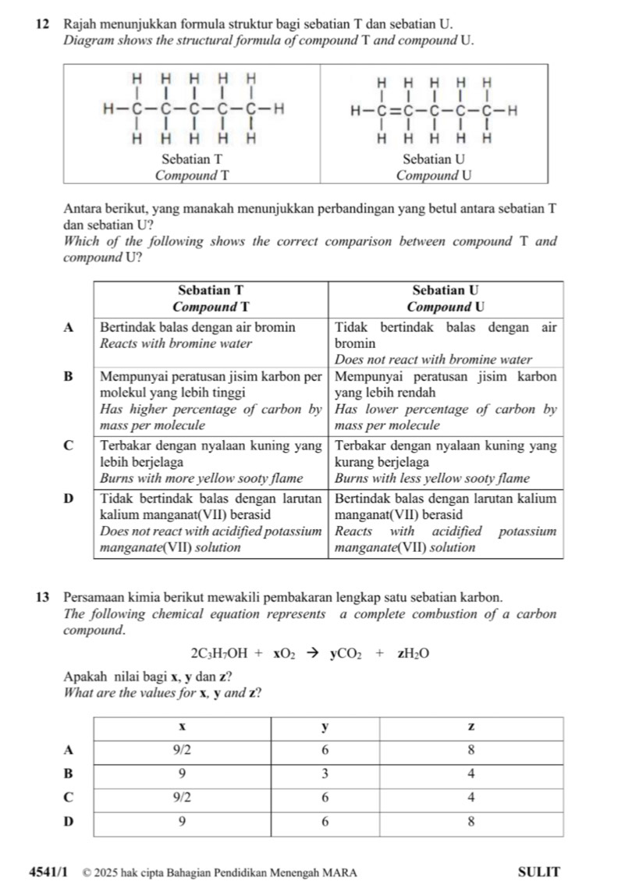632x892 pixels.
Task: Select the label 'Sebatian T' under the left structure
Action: (192, 158)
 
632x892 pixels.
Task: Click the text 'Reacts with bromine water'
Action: (176, 343)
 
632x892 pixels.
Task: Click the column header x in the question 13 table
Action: (182, 727)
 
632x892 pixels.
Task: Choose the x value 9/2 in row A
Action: (182, 748)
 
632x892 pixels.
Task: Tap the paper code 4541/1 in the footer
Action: (51, 872)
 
